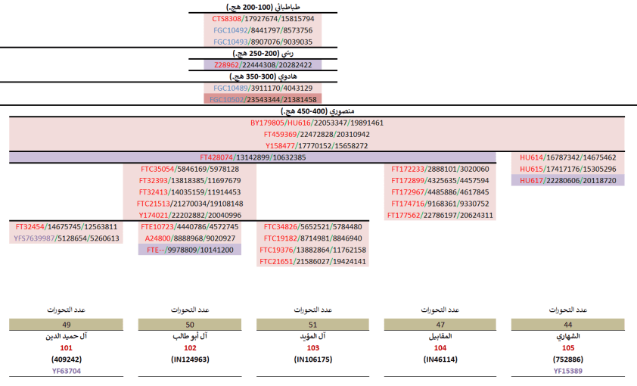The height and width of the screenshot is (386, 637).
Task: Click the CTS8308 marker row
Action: tap(263, 18)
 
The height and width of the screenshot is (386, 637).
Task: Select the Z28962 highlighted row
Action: tap(263, 65)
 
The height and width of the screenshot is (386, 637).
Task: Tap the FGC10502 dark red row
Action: tap(263, 99)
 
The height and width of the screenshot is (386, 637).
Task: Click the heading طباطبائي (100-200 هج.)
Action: tap(263, 7)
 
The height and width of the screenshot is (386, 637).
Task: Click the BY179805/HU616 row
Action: tap(317, 123)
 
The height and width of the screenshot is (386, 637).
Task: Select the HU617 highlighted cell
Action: tap(567, 180)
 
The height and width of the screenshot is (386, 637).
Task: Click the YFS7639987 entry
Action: tap(67, 238)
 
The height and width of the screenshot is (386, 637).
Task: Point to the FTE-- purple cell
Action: tap(189, 249)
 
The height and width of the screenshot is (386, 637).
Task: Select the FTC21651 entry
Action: tap(312, 261)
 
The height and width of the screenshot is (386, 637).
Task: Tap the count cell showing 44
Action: tap(567, 325)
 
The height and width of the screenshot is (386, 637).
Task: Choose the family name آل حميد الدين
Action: tap(67, 335)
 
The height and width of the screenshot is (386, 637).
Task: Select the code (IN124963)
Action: tap(189, 360)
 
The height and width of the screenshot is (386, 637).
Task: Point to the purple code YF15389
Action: tap(567, 371)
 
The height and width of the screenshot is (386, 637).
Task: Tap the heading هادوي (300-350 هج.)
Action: tap(263, 76)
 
